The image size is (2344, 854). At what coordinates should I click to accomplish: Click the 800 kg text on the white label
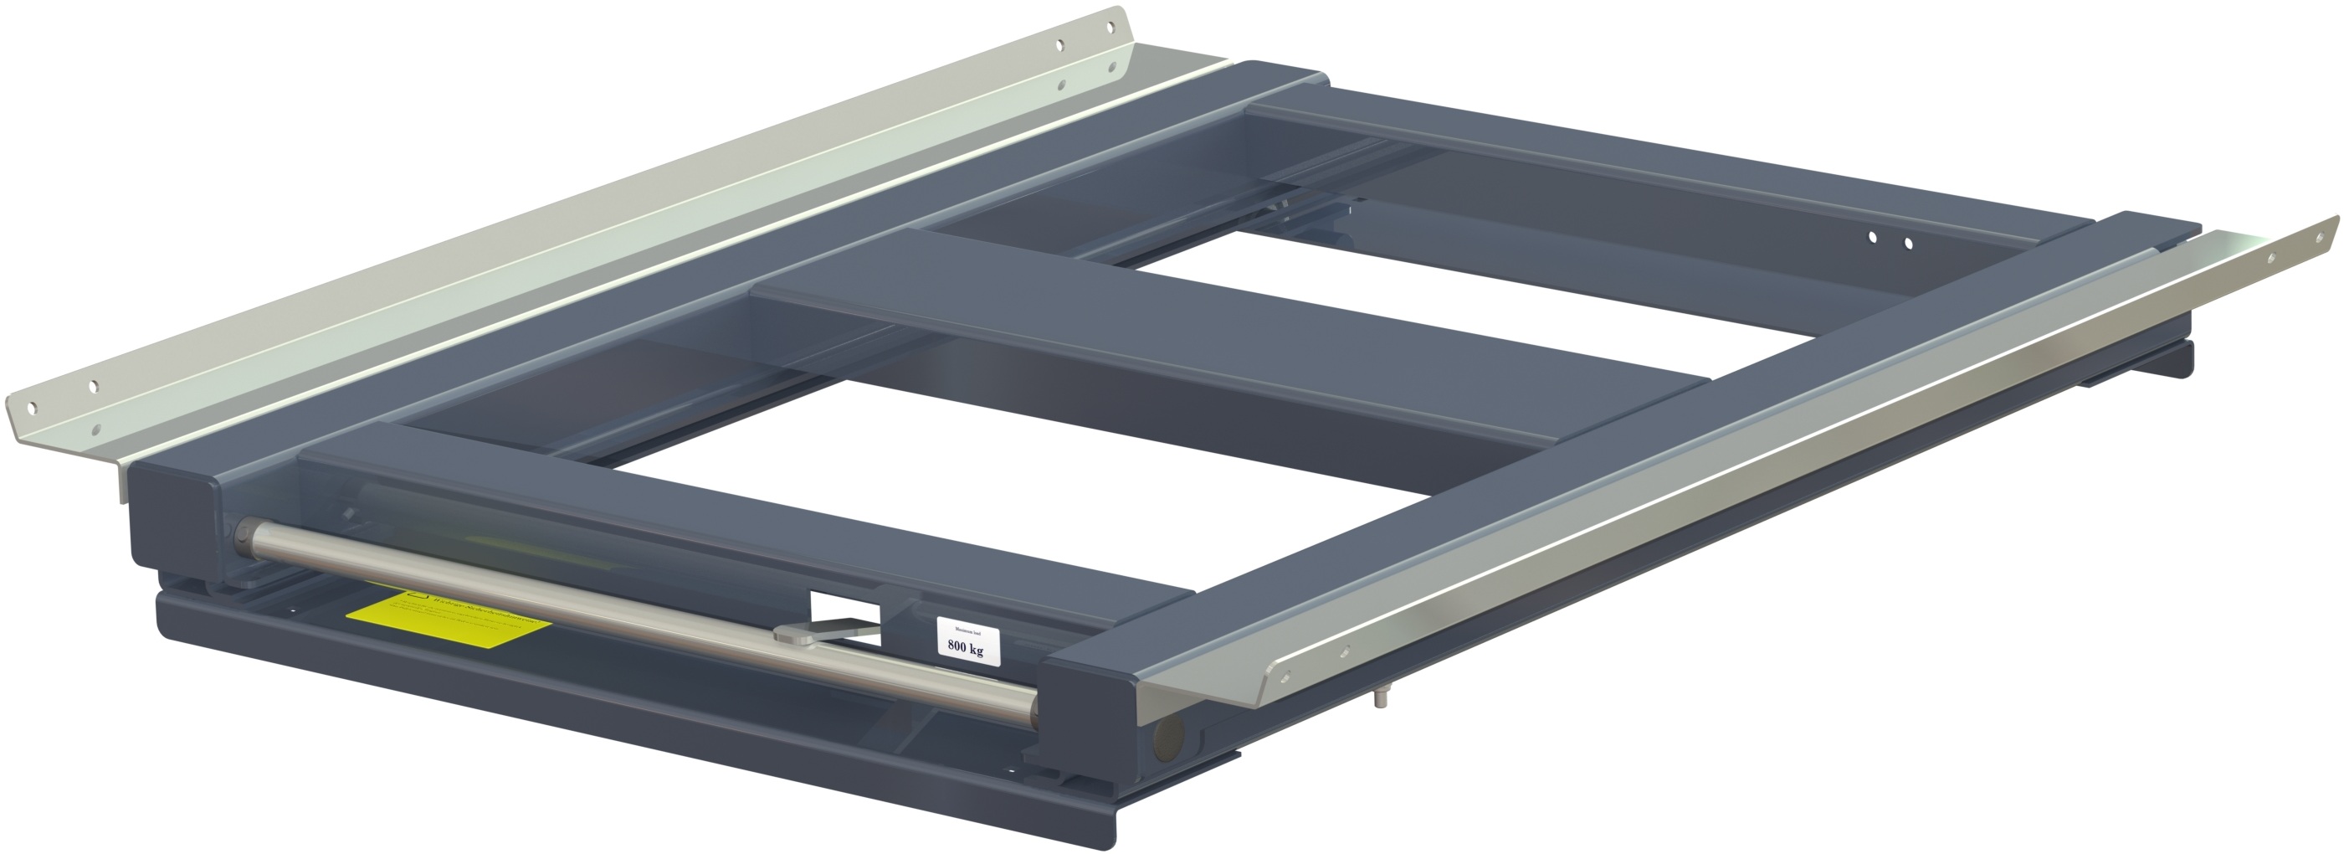[966, 648]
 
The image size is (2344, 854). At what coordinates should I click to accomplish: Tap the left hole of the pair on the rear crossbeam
[1872, 237]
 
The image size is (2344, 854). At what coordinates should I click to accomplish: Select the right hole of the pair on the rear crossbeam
[1908, 242]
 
